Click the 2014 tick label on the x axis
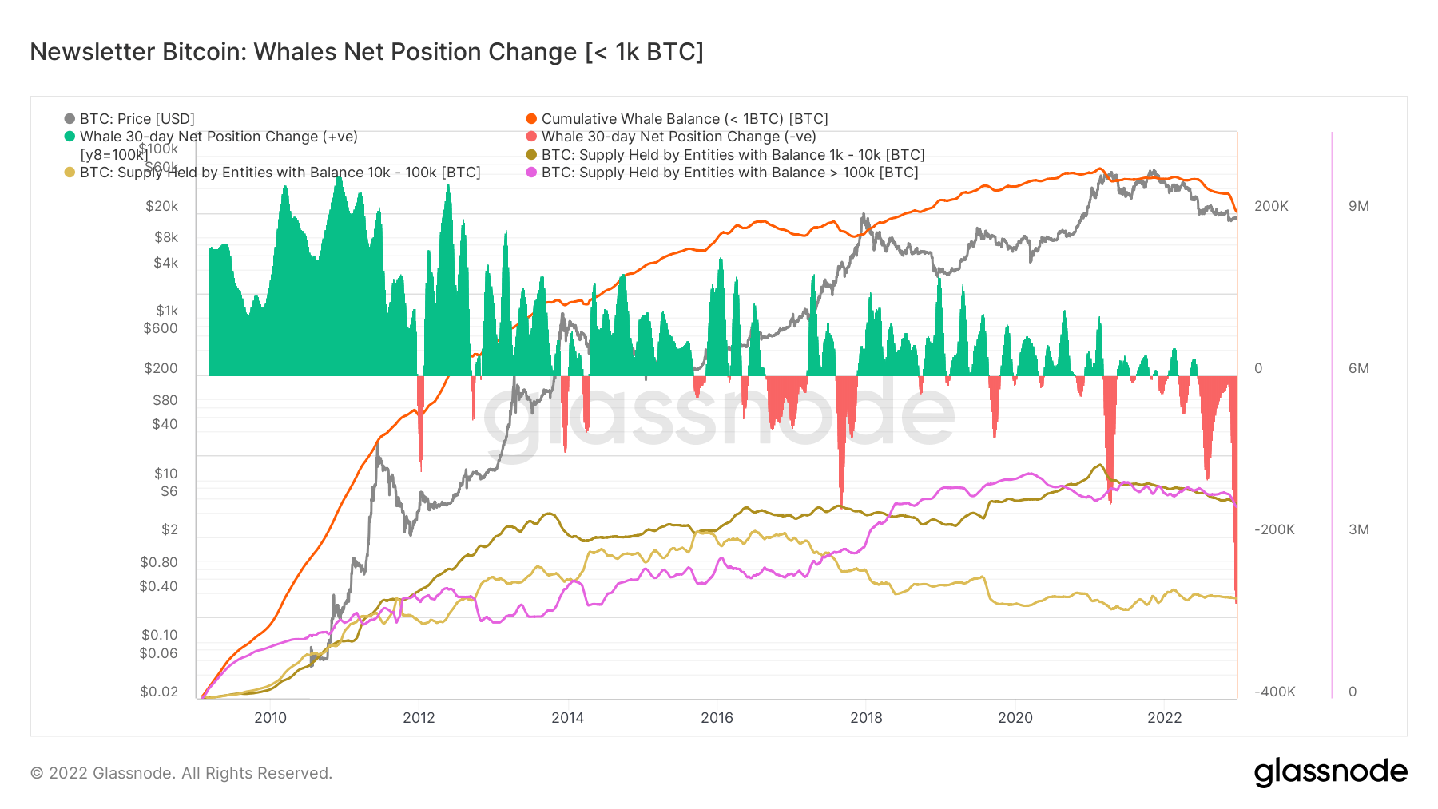[567, 717]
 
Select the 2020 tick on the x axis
[1015, 717]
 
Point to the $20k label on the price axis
[161, 206]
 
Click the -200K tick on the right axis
[1274, 529]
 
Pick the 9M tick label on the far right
[1358, 206]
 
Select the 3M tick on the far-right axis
[1358, 529]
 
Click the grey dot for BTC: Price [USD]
[70, 119]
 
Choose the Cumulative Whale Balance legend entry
[684, 119]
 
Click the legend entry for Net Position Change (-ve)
[677, 137]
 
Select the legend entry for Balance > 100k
[729, 173]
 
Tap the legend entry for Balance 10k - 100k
[280, 173]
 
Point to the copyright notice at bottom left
[181, 773]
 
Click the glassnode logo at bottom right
[1330, 772]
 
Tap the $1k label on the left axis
[167, 311]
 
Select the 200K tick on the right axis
[1271, 206]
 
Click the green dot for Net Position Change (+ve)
[70, 137]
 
